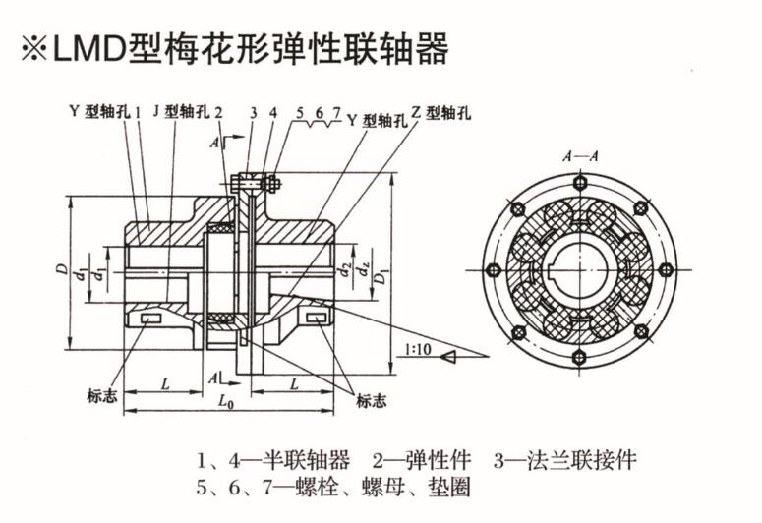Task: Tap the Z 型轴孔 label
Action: click(x=440, y=112)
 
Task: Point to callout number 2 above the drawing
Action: click(x=218, y=111)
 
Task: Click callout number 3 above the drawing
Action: click(x=253, y=111)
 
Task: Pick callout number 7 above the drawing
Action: click(x=336, y=111)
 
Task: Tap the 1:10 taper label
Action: click(x=415, y=348)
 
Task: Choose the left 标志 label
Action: click(x=102, y=397)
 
